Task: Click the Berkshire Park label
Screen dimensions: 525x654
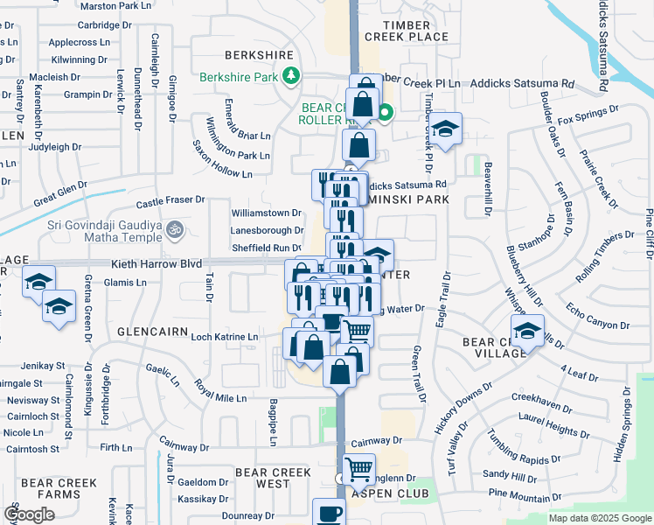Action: pos(239,77)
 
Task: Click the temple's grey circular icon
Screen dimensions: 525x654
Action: pos(175,228)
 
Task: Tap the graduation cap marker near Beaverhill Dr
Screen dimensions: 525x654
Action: pos(446,129)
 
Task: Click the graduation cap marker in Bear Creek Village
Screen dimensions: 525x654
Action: pos(527,332)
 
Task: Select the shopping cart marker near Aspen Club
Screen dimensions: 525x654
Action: pos(358,469)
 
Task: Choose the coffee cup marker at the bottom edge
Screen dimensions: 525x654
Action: pos(329,514)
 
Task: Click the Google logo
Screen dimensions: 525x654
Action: pos(30,514)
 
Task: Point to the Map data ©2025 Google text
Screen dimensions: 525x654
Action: pos(599,518)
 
